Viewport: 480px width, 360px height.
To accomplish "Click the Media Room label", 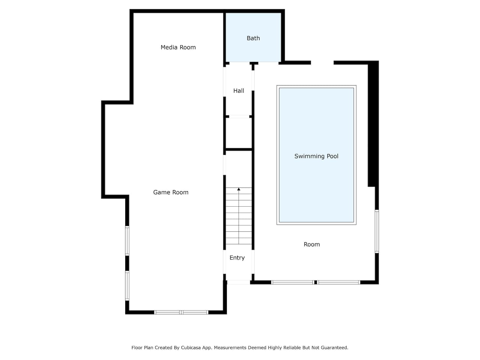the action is coord(178,47).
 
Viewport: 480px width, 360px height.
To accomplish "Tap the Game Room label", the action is coord(171,192).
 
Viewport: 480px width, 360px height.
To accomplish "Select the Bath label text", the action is coord(253,38).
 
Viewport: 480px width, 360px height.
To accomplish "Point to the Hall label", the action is coord(238,91).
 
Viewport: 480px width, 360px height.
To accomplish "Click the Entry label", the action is coord(237,258).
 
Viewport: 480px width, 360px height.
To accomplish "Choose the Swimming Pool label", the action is coord(316,156).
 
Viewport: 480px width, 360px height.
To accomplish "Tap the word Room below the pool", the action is coord(312,244).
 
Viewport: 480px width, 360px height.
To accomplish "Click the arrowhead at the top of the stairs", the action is coord(238,189).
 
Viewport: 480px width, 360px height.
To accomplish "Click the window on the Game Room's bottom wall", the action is coord(181,312).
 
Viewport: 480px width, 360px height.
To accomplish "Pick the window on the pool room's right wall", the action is coord(377,231).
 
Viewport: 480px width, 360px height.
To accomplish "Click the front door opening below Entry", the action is coord(238,282).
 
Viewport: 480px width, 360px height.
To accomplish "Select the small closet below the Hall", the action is coord(238,133).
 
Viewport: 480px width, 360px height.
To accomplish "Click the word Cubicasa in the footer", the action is coord(191,348).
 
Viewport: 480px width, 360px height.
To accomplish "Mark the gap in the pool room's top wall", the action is coord(322,63).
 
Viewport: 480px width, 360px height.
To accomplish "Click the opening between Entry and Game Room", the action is coord(224,262).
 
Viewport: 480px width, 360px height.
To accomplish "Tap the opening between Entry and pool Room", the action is coord(253,262).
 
